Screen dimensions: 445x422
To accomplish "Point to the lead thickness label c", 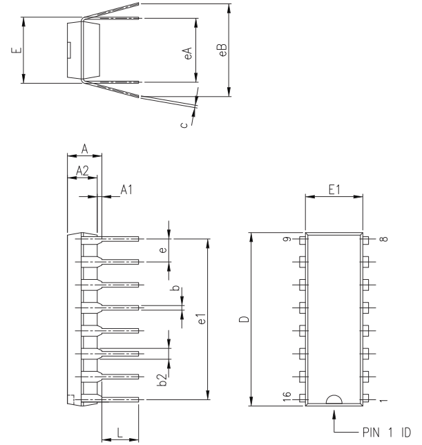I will (183, 125).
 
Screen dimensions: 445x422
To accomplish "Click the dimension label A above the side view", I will (84, 148).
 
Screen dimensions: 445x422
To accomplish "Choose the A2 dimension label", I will (81, 169).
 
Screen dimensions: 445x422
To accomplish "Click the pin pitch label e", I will (162, 250).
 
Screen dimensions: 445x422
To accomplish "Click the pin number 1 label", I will (383, 399).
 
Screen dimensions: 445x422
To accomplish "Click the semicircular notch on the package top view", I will (334, 399).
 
